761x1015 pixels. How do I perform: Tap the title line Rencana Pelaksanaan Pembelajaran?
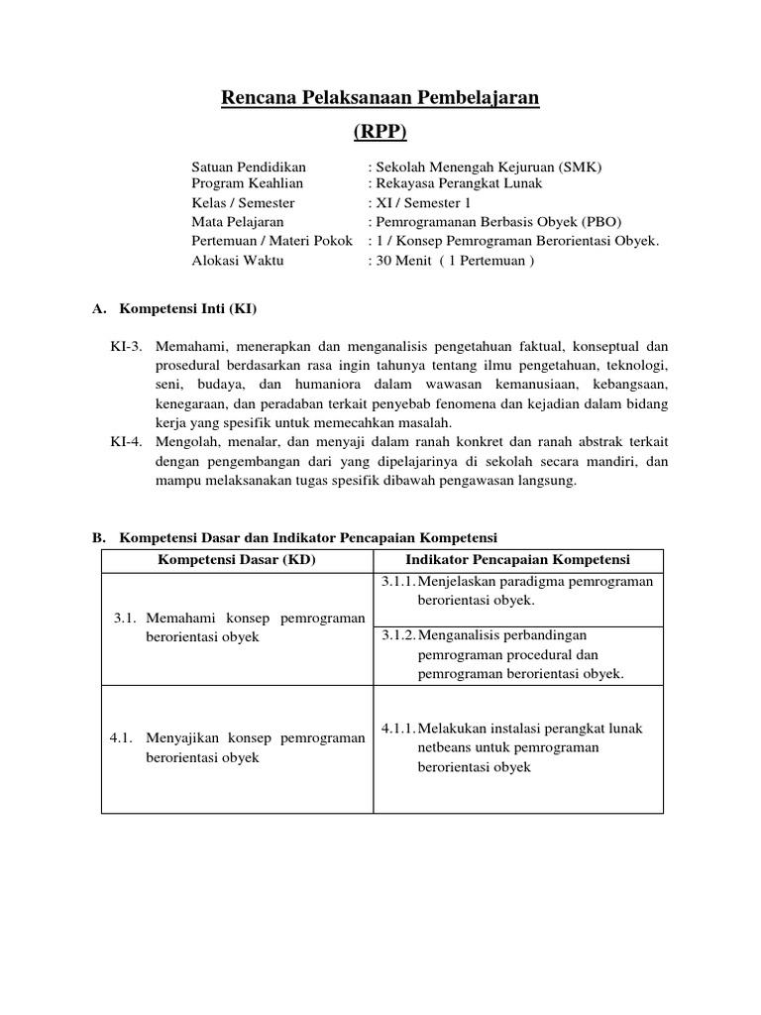[x=380, y=97]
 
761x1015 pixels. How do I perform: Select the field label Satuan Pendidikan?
[x=249, y=167]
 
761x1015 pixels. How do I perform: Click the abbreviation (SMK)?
[x=579, y=167]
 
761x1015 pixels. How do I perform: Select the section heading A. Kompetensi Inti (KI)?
[x=174, y=308]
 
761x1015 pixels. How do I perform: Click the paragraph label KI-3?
[x=127, y=346]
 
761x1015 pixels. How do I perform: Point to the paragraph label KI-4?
[x=127, y=443]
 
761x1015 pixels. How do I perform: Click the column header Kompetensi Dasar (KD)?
[x=237, y=560]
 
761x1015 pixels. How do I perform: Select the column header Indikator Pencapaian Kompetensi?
[x=518, y=560]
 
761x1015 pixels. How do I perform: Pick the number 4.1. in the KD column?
[x=122, y=737]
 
